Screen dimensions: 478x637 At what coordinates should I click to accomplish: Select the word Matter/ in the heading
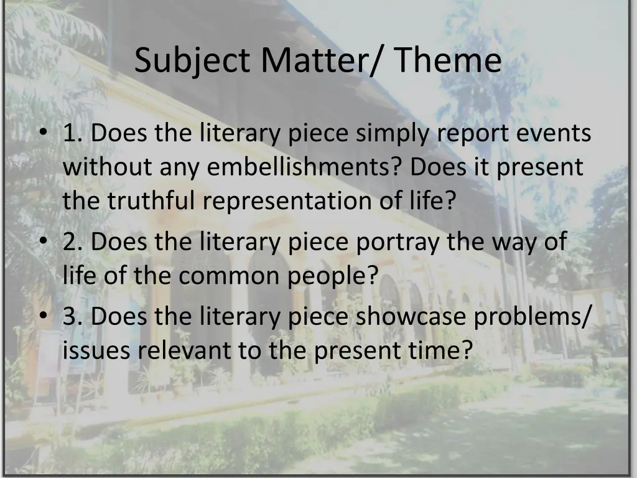pos(323,61)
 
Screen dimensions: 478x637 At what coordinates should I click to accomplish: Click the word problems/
pos(532,317)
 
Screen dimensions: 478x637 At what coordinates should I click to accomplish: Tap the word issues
pos(97,350)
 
